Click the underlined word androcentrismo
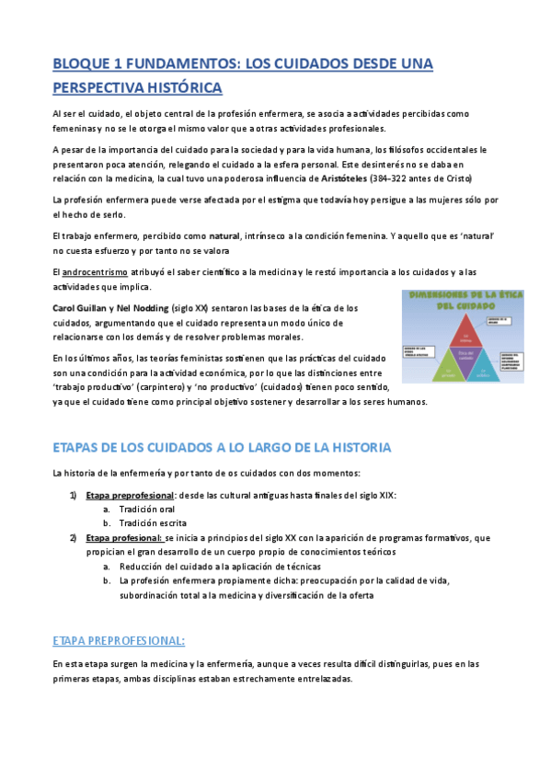click(x=96, y=271)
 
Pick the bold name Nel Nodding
click(x=143, y=308)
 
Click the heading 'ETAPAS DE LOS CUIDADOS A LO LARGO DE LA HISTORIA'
click(x=223, y=447)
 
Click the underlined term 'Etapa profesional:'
click(x=124, y=537)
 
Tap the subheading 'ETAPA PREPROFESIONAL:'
click(x=119, y=640)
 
